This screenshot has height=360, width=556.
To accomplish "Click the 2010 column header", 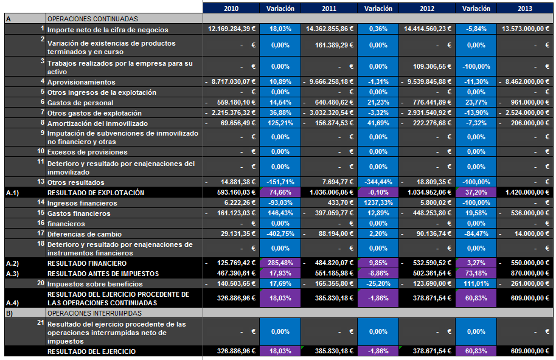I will [x=231, y=8].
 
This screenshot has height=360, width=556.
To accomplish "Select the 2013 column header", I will [x=525, y=8].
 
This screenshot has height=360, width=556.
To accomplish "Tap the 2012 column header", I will [x=427, y=8].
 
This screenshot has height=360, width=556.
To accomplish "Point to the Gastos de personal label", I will [x=80, y=103].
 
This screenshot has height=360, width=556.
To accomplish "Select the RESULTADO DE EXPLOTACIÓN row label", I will [x=96, y=192].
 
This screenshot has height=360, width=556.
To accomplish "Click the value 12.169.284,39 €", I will [x=231, y=29].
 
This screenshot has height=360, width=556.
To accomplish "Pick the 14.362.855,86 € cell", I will [x=329, y=29].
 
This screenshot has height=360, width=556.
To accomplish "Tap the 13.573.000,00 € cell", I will [x=525, y=29].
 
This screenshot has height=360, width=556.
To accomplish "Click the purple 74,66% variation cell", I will [x=280, y=192].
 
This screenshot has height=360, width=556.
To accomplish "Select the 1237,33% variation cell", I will [x=378, y=202].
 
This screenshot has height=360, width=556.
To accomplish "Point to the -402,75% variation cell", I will [x=280, y=234].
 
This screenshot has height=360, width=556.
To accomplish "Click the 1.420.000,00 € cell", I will [x=525, y=192].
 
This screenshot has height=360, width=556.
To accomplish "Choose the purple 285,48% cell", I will [x=280, y=263].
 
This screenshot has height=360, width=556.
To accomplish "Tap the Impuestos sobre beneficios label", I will [x=95, y=284].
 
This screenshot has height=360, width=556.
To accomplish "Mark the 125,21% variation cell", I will [x=280, y=123].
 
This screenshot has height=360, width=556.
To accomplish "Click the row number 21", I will [x=40, y=323].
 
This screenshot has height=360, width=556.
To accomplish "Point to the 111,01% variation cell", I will [x=476, y=284].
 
